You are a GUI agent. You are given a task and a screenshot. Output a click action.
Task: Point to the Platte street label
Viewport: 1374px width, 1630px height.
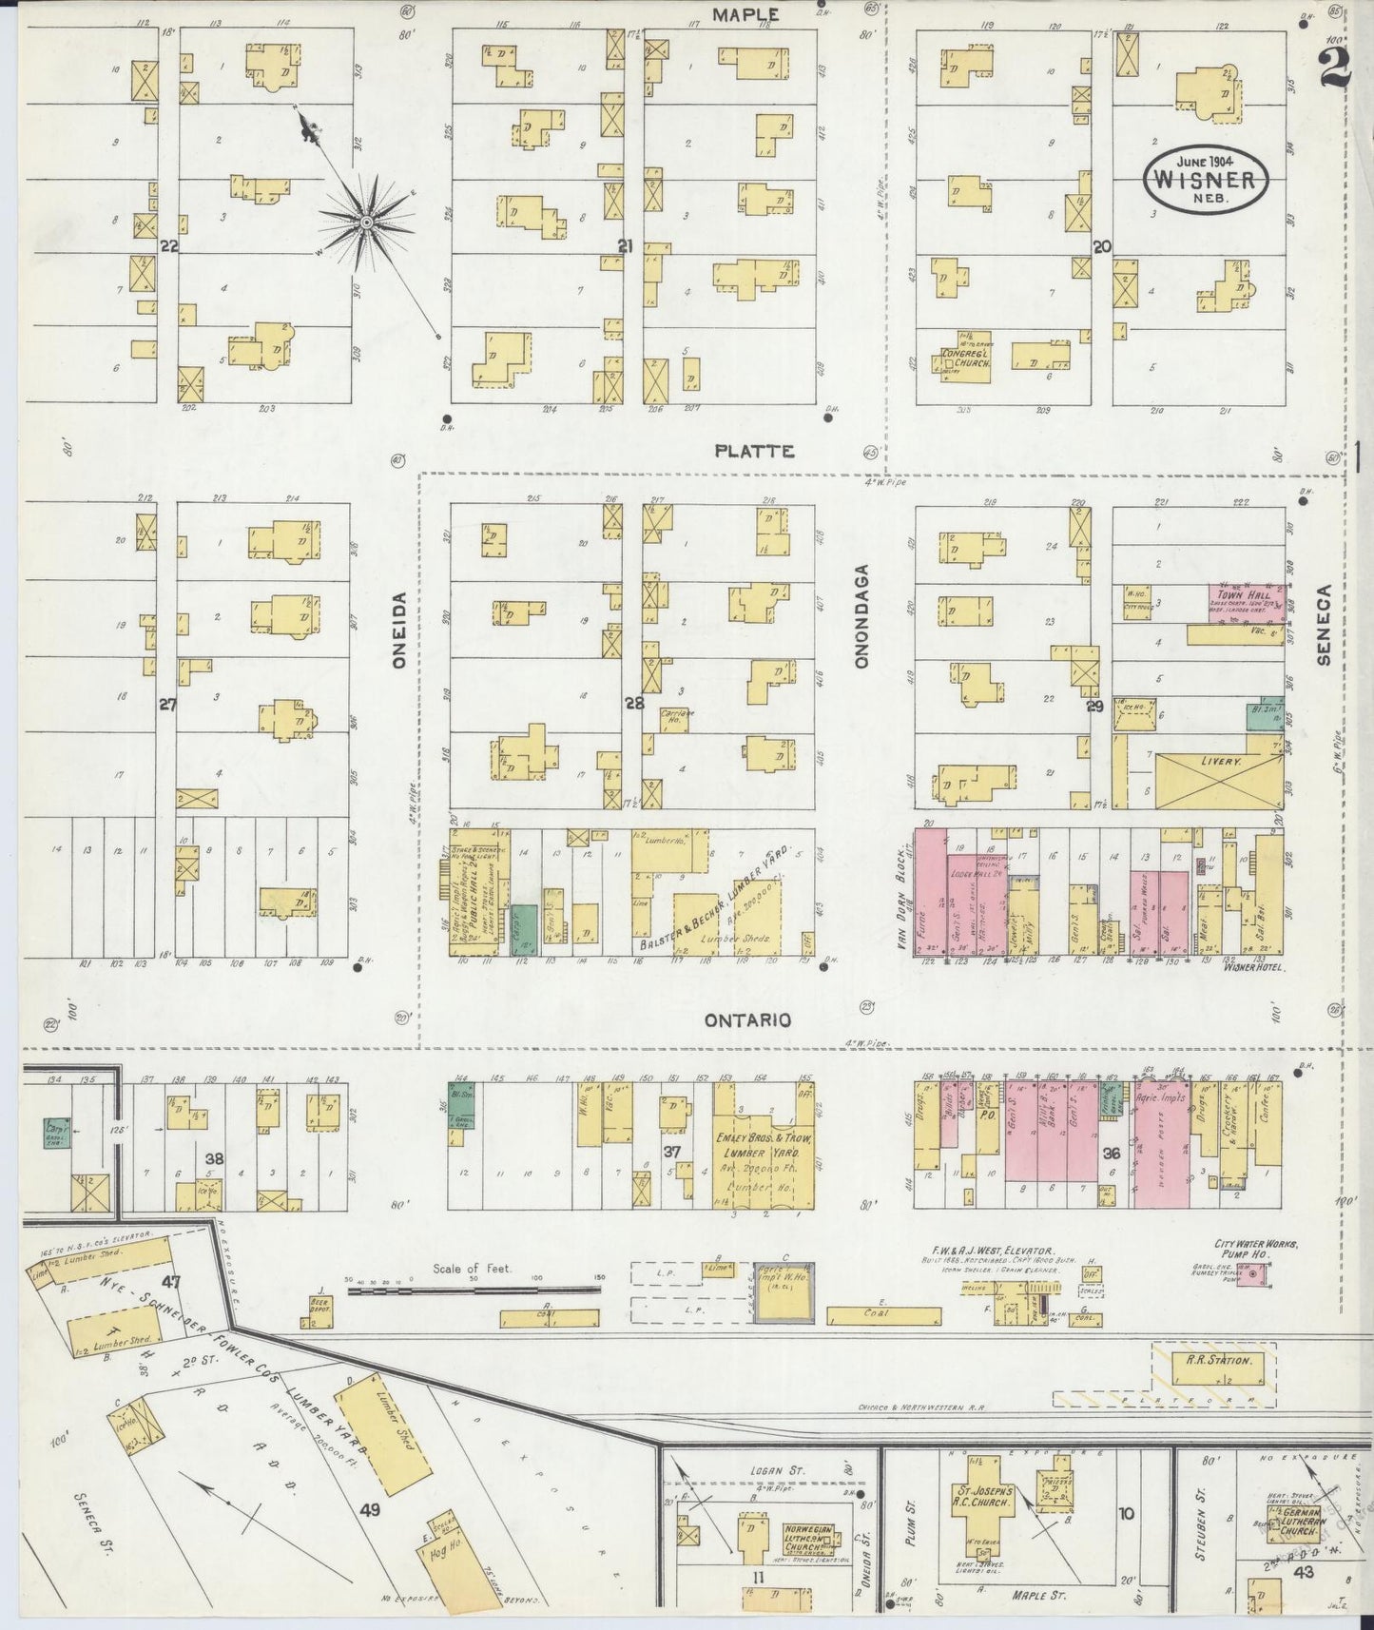pos(754,451)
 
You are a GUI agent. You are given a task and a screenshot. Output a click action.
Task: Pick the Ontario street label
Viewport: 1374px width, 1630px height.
pos(748,1019)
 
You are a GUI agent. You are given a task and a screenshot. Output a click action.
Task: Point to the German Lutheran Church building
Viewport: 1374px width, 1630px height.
pos(1300,1518)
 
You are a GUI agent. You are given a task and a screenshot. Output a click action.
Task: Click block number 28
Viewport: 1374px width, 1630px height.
pos(634,704)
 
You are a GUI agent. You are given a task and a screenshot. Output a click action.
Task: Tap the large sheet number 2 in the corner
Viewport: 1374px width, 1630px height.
pos(1335,68)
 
